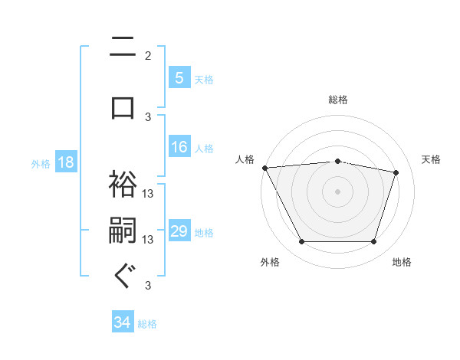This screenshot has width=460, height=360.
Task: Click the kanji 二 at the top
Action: [123, 47]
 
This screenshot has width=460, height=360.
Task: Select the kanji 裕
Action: [123, 183]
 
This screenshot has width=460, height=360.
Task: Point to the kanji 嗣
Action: [123, 231]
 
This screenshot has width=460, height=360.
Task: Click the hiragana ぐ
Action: [123, 277]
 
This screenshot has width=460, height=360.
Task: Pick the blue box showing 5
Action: [179, 77]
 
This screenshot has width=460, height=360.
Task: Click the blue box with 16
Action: [179, 147]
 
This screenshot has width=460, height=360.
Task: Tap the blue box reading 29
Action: [179, 231]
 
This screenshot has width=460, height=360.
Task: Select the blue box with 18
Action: [64, 162]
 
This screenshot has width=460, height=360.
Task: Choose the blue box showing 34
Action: [123, 322]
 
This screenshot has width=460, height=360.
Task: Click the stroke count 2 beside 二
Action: [148, 55]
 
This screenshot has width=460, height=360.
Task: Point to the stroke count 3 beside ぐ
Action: [148, 286]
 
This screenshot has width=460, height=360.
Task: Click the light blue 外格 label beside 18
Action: [41, 163]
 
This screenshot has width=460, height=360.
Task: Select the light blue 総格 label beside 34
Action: [147, 323]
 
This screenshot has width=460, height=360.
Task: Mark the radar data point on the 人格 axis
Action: [264, 168]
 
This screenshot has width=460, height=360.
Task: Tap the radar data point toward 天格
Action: [396, 172]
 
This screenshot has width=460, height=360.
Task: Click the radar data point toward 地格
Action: [373, 242]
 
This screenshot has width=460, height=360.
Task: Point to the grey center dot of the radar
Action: [337, 191]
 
